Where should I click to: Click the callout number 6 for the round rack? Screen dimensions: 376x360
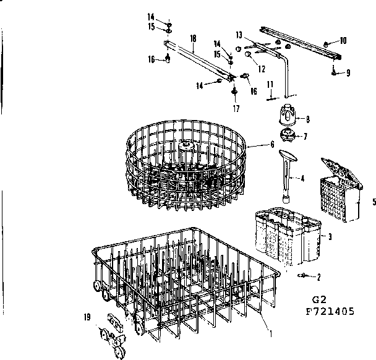point(272,144)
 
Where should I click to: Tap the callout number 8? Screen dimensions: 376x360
point(308,119)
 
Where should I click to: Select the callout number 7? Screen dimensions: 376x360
point(305,137)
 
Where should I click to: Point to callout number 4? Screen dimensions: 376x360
point(302,178)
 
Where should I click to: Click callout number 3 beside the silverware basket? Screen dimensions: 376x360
point(330,237)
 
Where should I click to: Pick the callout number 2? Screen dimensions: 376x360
point(318,277)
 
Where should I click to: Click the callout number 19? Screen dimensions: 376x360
point(87,317)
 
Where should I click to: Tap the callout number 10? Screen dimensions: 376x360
point(343,41)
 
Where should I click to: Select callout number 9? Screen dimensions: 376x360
point(348,72)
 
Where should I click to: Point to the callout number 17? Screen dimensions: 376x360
point(236,109)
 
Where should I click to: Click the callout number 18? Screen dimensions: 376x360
point(193,38)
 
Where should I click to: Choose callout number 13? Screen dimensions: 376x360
point(239,35)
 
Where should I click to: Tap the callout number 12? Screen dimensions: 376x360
point(262,69)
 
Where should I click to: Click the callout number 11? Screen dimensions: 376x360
point(270,84)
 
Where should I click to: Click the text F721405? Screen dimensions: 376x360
point(330,311)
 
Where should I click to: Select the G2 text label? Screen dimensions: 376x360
point(319,299)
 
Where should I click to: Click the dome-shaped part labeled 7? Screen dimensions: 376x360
point(286,135)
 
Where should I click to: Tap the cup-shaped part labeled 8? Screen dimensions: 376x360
point(288,114)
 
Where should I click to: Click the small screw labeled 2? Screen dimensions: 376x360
point(302,276)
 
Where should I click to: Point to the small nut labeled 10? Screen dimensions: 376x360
point(326,45)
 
